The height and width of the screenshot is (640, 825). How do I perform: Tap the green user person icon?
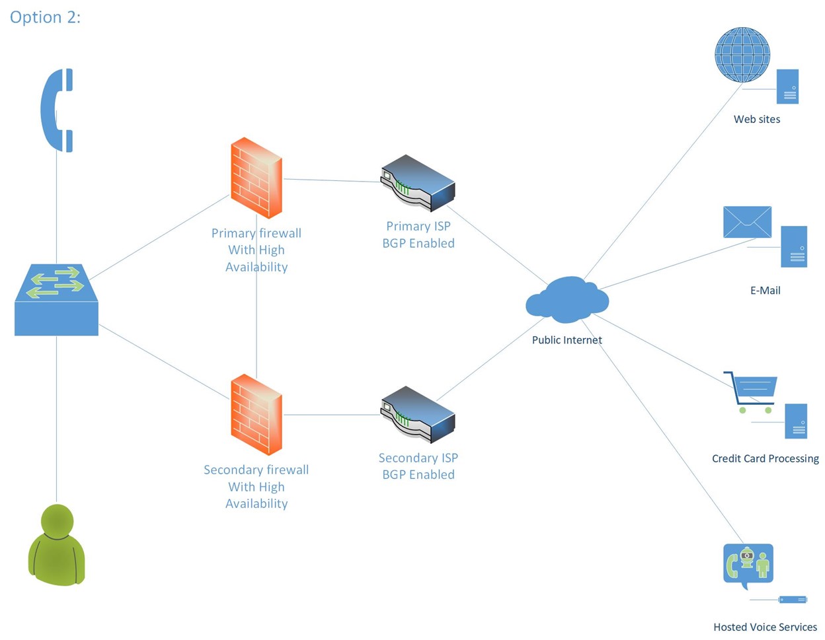click(x=56, y=545)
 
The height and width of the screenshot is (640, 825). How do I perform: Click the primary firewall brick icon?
click(x=256, y=178)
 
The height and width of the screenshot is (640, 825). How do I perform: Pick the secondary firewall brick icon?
click(x=256, y=415)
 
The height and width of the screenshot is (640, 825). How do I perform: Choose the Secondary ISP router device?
click(x=418, y=414)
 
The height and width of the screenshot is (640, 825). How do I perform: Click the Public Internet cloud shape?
click(x=567, y=301)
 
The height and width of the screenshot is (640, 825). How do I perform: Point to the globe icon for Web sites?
click(x=742, y=55)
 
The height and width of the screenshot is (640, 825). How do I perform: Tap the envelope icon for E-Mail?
click(x=747, y=222)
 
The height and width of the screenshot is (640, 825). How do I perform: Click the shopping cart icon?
click(x=752, y=392)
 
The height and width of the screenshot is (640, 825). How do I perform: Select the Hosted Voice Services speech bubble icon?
click(x=748, y=565)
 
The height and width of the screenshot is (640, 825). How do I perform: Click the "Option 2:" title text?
click(x=45, y=17)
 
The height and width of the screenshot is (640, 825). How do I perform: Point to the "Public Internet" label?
click(x=567, y=340)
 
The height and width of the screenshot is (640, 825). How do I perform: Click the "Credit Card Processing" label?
click(x=765, y=458)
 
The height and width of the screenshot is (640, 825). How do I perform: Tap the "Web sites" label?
click(x=756, y=120)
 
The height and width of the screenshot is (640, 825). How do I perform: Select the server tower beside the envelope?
click(x=793, y=246)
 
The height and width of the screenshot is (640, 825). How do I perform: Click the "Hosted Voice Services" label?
click(x=765, y=627)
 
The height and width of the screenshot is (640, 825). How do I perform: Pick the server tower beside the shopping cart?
click(x=796, y=421)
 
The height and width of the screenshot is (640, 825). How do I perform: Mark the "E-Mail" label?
click(x=765, y=291)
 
